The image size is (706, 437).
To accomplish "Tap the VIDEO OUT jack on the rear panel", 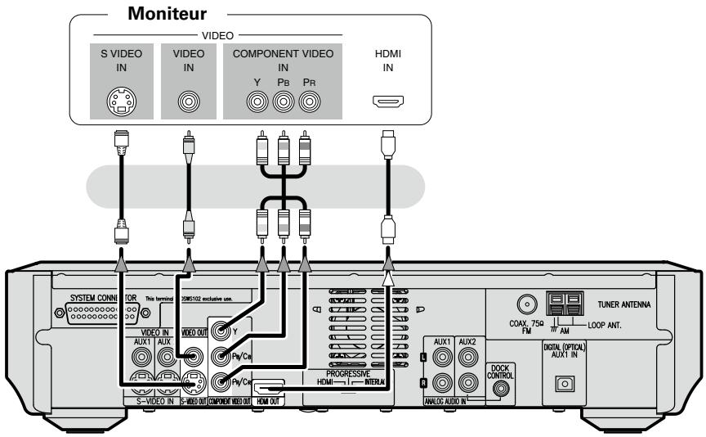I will point(193,356).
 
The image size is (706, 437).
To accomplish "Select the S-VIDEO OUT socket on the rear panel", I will point(193,381).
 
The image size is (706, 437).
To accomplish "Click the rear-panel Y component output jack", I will point(220,332).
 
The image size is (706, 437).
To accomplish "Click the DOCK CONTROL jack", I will point(498,381).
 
